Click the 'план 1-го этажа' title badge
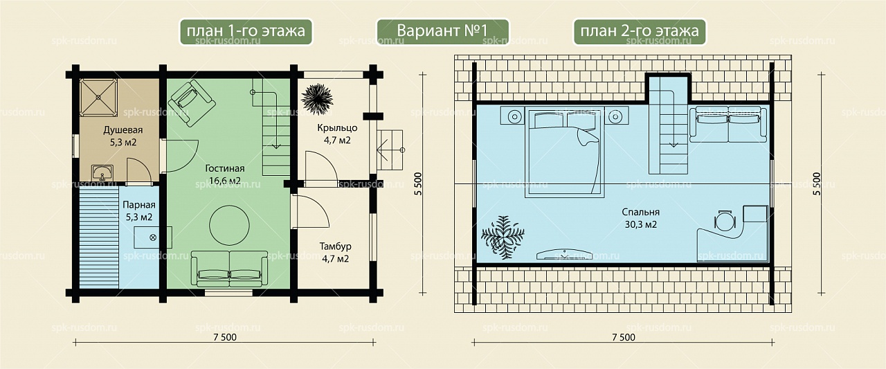click(246, 32)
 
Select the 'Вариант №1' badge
click(442, 32)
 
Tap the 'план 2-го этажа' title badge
click(639, 32)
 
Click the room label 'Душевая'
click(123, 130)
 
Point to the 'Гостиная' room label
click(225, 168)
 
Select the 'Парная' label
click(139, 205)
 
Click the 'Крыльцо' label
click(337, 128)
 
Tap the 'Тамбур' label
click(336, 246)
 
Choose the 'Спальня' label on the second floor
click(641, 212)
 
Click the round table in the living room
click(229, 225)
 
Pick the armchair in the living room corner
click(192, 103)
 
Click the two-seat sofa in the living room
click(229, 269)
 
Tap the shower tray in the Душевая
click(98, 98)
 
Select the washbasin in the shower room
click(102, 173)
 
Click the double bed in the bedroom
click(565, 152)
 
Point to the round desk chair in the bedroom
click(725, 221)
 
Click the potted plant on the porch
click(317, 99)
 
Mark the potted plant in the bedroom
click(503, 237)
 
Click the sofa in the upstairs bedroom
click(727, 124)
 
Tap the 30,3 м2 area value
click(641, 224)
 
